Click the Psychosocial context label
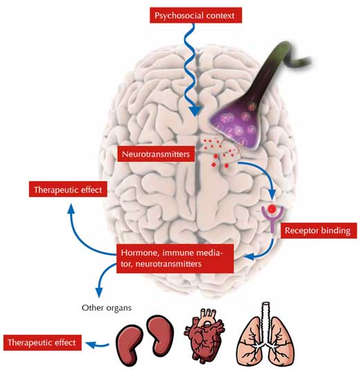click(196, 15)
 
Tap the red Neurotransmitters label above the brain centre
click(156, 154)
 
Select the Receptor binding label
click(318, 230)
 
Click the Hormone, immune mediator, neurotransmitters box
click(175, 259)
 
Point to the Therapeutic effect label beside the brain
click(68, 189)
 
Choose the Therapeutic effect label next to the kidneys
click(42, 342)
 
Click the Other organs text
click(107, 308)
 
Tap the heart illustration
click(204, 336)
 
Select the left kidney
click(129, 344)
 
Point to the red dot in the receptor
click(272, 208)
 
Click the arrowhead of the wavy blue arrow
click(195, 111)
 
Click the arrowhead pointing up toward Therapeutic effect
click(71, 208)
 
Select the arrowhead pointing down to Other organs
click(99, 293)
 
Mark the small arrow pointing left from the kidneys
click(97, 345)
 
